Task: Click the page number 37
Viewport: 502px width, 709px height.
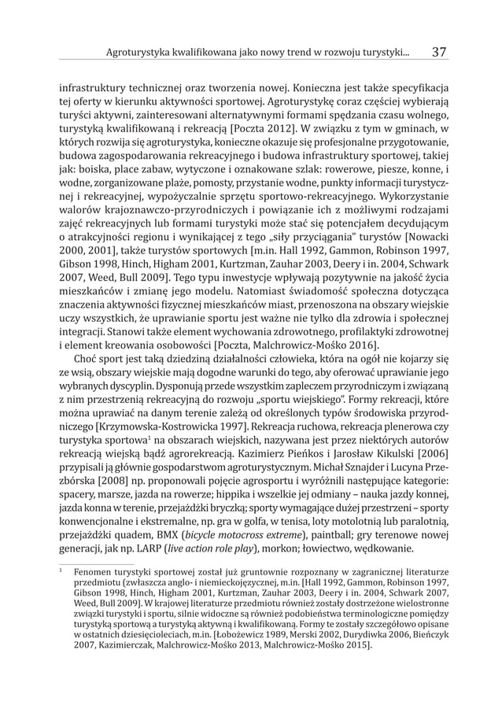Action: (x=439, y=53)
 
